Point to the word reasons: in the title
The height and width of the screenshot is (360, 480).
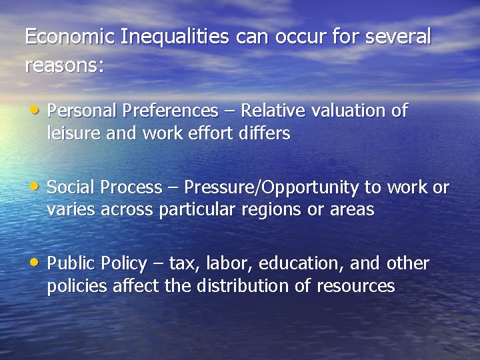65,66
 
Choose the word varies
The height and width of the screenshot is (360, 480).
71,211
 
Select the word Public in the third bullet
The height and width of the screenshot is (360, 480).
71,264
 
